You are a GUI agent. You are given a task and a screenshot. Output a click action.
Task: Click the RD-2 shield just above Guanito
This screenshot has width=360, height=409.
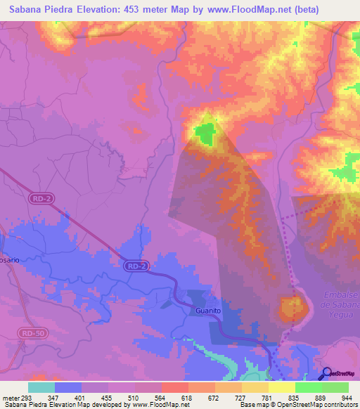tap(136, 266)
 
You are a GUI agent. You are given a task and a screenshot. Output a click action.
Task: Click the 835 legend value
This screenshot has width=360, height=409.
tap(294, 398)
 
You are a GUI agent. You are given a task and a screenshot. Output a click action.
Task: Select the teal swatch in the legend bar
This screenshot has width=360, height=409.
tap(41, 387)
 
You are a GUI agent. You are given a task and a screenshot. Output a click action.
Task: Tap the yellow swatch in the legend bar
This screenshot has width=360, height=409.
tap(282, 387)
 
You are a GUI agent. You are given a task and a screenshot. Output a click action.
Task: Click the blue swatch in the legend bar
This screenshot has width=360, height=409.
tap(68, 387)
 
